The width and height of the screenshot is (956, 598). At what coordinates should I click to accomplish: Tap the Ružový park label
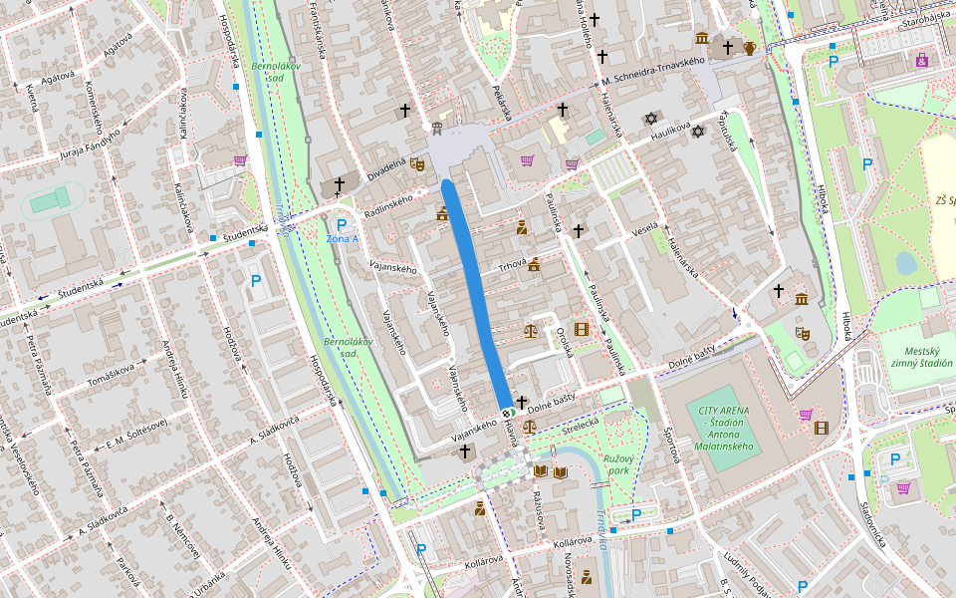point(622,463)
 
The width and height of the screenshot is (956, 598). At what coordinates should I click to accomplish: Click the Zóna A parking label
point(342,239)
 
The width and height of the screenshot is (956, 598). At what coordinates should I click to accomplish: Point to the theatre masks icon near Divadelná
point(418,162)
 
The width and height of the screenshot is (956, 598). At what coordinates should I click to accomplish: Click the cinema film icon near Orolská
point(582,330)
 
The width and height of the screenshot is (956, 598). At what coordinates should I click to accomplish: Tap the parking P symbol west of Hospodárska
point(256,282)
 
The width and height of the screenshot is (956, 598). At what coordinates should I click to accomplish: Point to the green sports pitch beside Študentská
point(45,203)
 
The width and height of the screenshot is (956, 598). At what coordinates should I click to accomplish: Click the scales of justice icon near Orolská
point(530,330)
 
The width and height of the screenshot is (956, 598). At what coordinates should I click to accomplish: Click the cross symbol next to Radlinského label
point(339,184)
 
